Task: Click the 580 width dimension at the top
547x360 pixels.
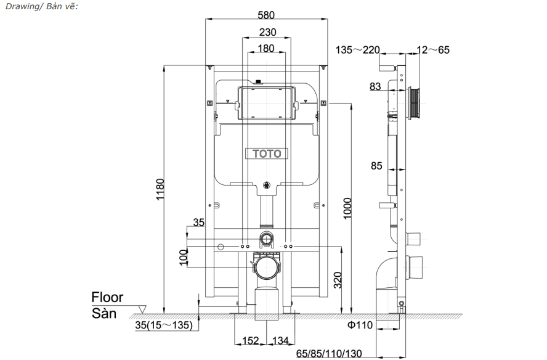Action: click(x=266, y=15)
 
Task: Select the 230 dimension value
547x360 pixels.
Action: click(x=267, y=32)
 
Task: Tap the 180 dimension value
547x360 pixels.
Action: click(x=266, y=48)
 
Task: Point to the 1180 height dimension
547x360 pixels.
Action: click(x=160, y=189)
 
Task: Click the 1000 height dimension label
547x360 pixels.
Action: click(x=347, y=208)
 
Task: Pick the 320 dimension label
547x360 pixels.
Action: click(x=338, y=280)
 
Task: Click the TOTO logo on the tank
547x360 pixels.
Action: click(x=267, y=153)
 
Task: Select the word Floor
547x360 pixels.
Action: click(x=107, y=298)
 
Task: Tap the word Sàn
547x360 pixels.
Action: click(x=104, y=313)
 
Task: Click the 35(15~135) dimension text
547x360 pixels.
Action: click(x=164, y=325)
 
